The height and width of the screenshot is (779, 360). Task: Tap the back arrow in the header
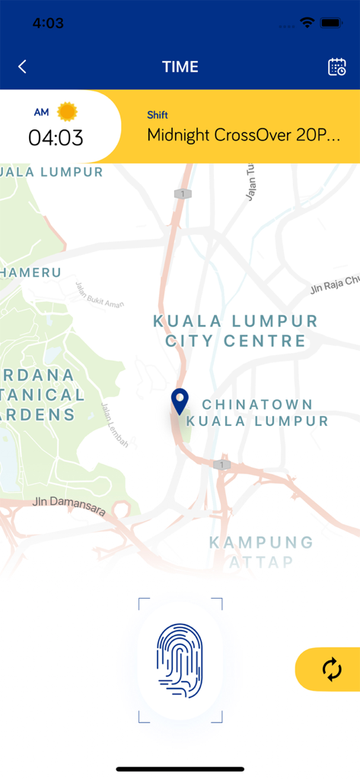pos(22,67)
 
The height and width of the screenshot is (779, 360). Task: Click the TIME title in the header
pos(180,67)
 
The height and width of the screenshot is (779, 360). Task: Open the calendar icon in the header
pos(336,67)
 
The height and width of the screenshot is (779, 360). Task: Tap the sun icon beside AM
pos(68,112)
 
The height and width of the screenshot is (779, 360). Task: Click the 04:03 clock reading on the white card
pos(56,138)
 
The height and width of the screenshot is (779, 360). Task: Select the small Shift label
pos(158,115)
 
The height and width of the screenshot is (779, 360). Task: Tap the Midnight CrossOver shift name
pos(243,135)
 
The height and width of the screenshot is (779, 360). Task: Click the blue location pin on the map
pos(180,401)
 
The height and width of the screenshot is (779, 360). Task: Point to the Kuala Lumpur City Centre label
pos(236,330)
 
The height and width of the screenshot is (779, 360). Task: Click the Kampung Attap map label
pos(250,552)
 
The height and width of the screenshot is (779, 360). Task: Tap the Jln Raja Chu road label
pos(334,285)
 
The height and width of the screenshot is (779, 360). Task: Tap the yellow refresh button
pos(331,669)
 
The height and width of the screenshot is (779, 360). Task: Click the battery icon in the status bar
pos(332,23)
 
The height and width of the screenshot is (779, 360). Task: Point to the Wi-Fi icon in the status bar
pos(307,23)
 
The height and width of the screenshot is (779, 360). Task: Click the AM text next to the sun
pos(41,113)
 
